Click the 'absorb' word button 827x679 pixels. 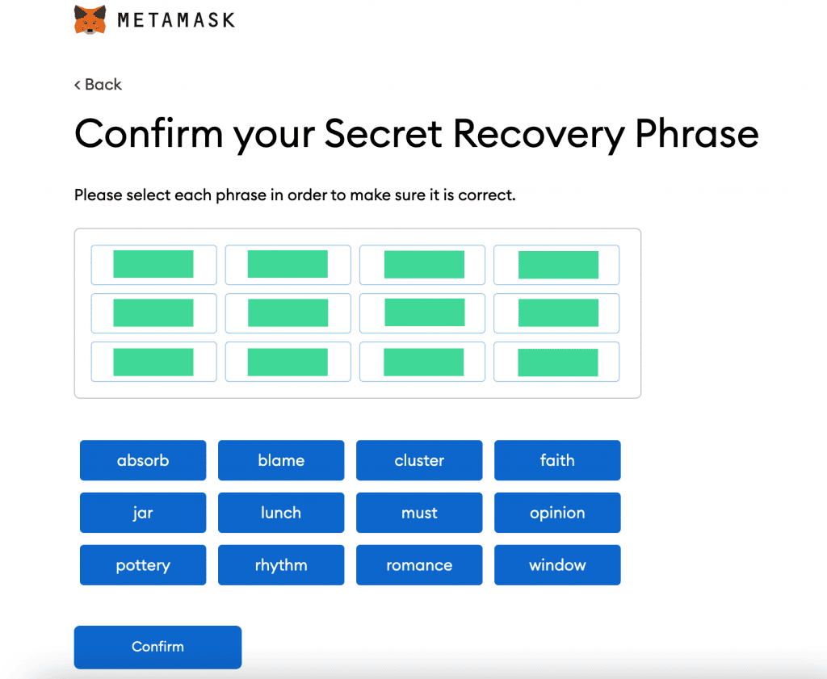[x=143, y=460]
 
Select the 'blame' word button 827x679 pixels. [x=281, y=460]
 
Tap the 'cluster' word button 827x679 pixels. [x=419, y=460]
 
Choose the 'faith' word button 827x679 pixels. [x=557, y=460]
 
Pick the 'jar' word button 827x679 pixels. [x=143, y=513]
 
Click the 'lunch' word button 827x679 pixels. [x=281, y=513]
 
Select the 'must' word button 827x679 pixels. [x=419, y=513]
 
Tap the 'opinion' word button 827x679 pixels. [x=557, y=513]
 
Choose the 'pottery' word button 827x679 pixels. [x=143, y=565]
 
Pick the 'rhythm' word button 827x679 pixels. [x=281, y=565]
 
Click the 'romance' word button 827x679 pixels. [x=419, y=565]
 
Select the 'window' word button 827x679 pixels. [x=557, y=565]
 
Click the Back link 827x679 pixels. [x=98, y=84]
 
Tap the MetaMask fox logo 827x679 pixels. [x=90, y=20]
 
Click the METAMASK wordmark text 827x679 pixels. [x=176, y=20]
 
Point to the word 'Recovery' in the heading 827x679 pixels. [x=539, y=135]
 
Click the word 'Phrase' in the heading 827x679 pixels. [x=697, y=133]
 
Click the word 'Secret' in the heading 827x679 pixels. [x=383, y=133]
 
